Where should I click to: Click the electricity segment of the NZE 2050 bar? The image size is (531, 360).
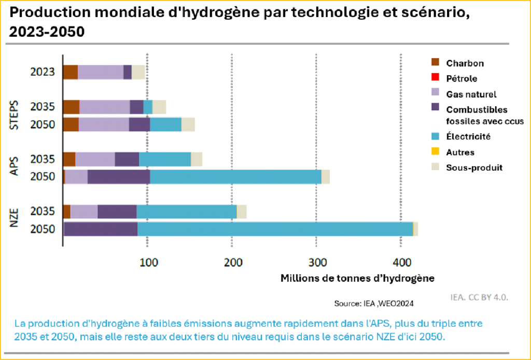click(x=275, y=229)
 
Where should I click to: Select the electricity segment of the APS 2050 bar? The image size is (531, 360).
click(x=235, y=176)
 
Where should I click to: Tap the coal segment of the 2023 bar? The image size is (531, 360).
click(x=70, y=72)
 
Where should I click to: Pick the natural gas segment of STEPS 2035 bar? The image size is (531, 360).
click(x=104, y=107)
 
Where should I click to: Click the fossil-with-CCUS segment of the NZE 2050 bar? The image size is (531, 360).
click(x=101, y=229)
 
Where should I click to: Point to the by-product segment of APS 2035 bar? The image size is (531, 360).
click(x=197, y=159)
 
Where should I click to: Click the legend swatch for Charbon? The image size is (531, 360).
click(x=436, y=63)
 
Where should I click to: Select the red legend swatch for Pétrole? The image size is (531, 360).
click(x=436, y=78)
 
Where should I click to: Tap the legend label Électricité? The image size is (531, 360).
click(x=468, y=137)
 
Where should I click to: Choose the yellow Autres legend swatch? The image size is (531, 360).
click(x=436, y=152)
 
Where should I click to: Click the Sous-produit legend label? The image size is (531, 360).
click(x=474, y=168)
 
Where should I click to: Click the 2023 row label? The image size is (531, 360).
click(x=43, y=72)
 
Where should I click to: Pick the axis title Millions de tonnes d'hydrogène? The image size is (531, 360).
click(x=357, y=278)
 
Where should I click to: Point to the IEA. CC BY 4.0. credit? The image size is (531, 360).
click(x=479, y=298)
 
